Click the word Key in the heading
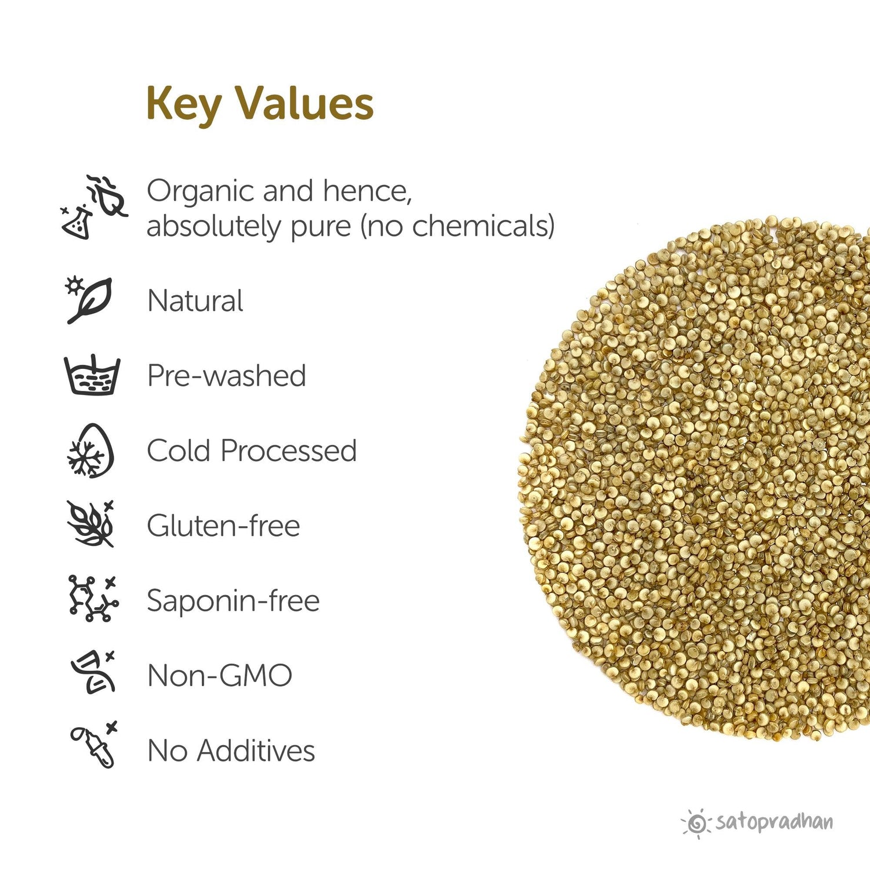[x=183, y=104]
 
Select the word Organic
[x=200, y=191]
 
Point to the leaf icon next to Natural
[x=89, y=300]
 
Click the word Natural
[x=195, y=300]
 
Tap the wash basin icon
[x=92, y=375]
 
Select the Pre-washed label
[x=226, y=375]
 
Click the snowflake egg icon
[x=90, y=451]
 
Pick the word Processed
[x=288, y=451]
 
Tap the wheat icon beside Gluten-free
[x=91, y=524]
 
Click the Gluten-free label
[x=223, y=525]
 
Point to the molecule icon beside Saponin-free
[x=93, y=599]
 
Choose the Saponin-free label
[x=233, y=600]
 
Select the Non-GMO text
[x=220, y=675]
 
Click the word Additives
[x=256, y=751]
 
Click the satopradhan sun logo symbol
[x=696, y=822]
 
